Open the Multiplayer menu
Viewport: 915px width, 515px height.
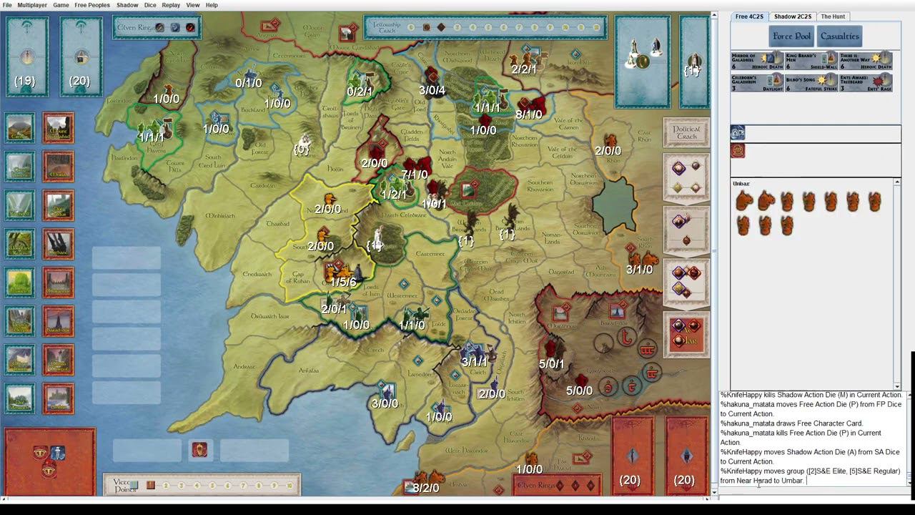coord(32,5)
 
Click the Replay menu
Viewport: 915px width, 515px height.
coord(171,5)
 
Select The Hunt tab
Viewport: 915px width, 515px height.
coord(833,16)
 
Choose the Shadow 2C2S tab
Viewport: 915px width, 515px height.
coord(792,16)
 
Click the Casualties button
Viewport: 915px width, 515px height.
coord(840,36)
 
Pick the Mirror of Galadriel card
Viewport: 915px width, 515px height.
coord(756,61)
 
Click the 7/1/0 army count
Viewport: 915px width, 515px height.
coord(415,175)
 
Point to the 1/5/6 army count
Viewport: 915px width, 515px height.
coord(343,283)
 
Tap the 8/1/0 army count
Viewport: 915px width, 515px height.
coord(528,114)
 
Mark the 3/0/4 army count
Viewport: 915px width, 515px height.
coord(432,90)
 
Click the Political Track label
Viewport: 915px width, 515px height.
coord(686,132)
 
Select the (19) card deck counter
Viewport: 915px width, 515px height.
coord(25,81)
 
